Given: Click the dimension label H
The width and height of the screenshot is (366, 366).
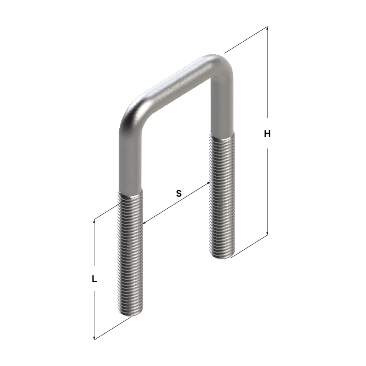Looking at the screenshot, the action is tap(267, 134).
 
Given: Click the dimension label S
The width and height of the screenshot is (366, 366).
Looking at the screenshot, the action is tap(179, 194).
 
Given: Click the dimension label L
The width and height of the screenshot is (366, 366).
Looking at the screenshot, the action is tap(94, 279).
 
